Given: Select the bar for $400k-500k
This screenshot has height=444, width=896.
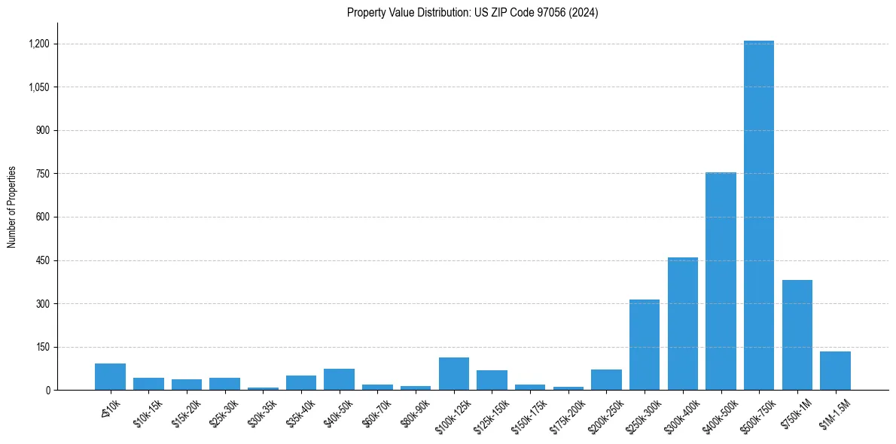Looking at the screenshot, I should click(x=721, y=281).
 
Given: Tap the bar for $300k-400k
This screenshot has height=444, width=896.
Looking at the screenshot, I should click(x=682, y=324).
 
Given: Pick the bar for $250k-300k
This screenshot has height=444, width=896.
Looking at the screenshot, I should click(x=645, y=345).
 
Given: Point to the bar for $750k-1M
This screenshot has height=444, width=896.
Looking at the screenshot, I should click(x=797, y=335).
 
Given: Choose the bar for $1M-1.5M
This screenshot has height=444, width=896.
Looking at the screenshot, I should click(x=835, y=371).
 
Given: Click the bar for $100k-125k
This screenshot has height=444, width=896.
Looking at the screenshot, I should click(x=454, y=374).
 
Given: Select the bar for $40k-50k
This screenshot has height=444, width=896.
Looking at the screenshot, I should click(x=340, y=379).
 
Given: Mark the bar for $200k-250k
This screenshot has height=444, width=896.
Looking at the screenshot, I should click(x=606, y=380).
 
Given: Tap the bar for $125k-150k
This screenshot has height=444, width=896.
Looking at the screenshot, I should click(x=492, y=380).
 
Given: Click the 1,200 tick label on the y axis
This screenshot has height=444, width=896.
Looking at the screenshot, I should click(x=39, y=44).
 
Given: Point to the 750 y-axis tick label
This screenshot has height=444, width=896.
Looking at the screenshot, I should click(x=43, y=174).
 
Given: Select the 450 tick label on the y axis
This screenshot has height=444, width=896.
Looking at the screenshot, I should click(x=43, y=260).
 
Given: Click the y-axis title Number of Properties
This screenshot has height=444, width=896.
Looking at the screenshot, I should click(x=12, y=207).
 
